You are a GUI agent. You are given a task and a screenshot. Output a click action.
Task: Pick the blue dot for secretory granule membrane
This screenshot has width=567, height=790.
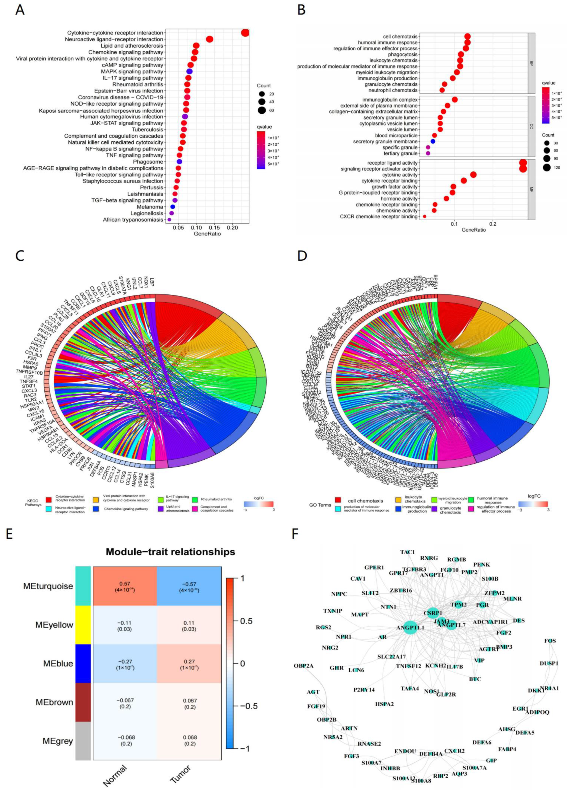[x=433, y=141]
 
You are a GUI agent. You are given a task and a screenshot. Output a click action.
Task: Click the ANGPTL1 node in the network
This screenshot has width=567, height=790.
[x=410, y=627]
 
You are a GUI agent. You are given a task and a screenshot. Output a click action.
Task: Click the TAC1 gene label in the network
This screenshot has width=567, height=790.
[x=407, y=552]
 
